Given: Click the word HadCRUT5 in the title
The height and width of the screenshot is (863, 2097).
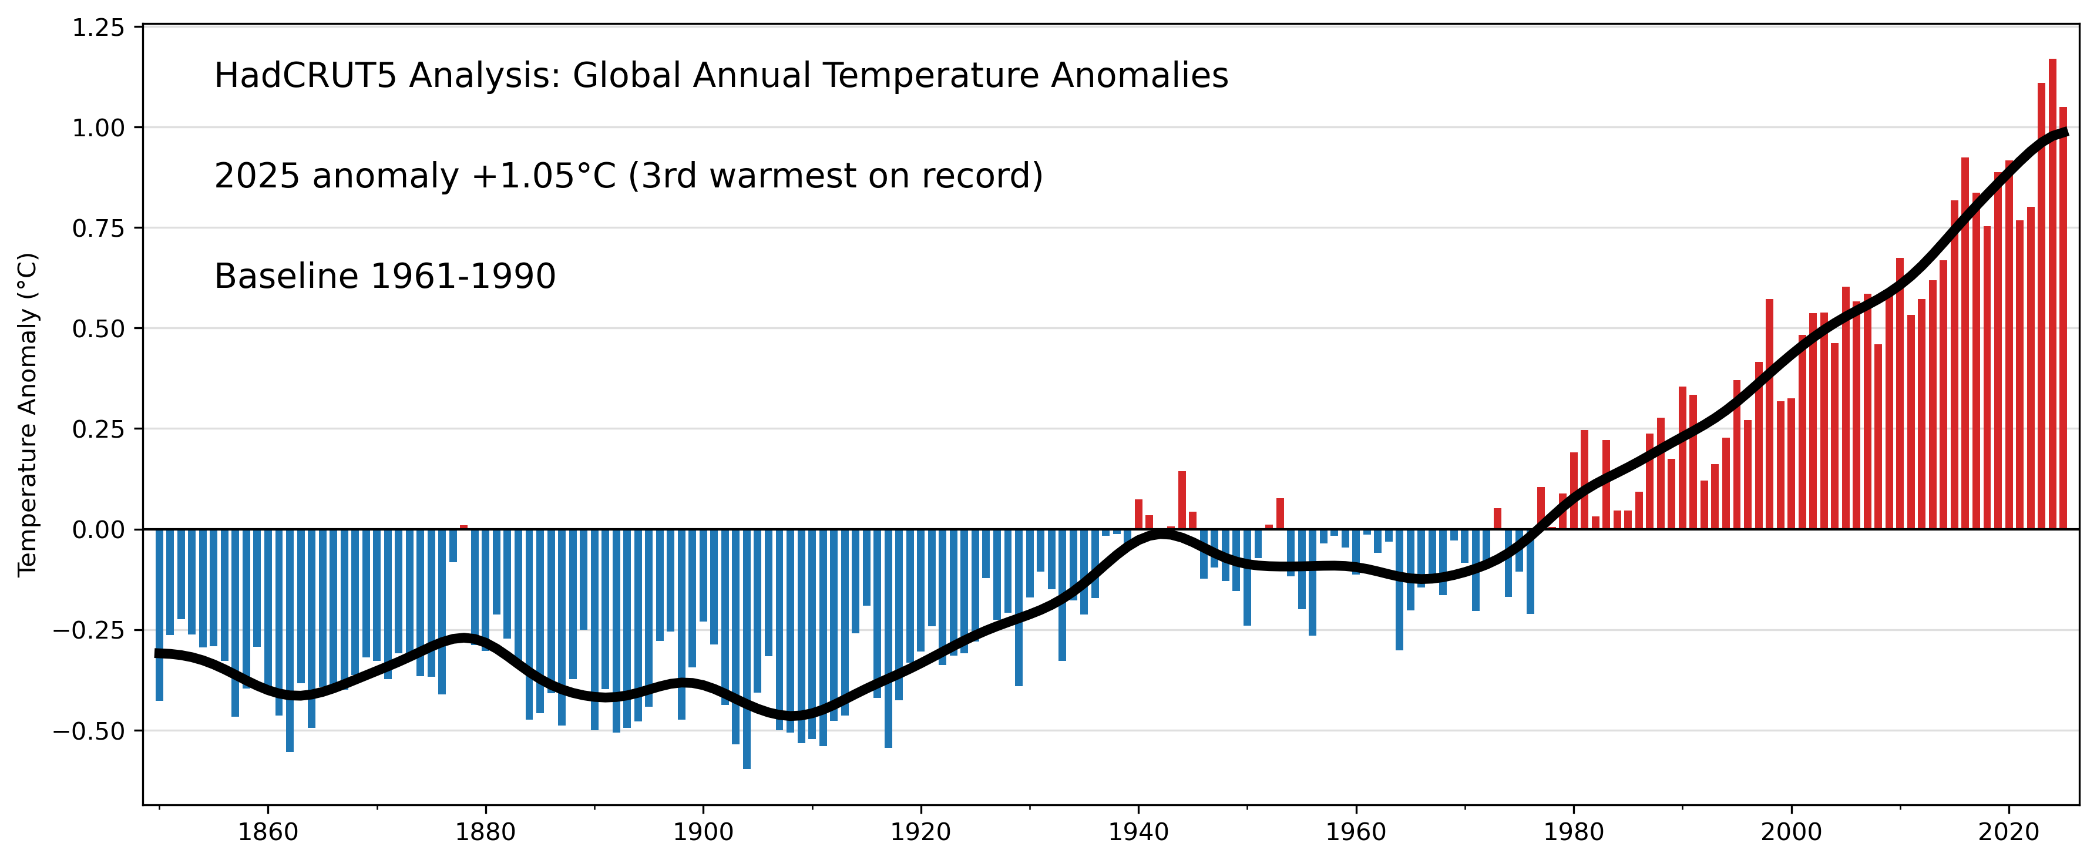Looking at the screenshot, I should click(305, 76).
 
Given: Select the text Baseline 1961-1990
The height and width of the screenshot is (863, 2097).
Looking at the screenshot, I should click(384, 277).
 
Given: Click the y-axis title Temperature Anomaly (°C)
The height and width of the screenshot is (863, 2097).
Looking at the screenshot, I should click(28, 414).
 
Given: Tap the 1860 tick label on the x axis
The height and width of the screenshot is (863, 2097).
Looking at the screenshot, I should click(268, 832).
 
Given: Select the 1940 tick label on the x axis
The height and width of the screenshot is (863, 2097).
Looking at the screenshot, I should click(1138, 832).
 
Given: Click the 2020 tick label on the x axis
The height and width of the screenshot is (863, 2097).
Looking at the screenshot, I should click(2008, 832).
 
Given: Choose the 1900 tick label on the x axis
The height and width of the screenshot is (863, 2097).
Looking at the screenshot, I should click(703, 832).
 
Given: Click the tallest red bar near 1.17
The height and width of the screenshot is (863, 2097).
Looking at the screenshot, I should click(2052, 293).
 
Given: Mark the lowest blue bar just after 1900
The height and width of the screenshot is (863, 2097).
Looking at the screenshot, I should click(747, 652).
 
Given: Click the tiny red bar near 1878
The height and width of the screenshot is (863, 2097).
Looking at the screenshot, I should click(464, 528).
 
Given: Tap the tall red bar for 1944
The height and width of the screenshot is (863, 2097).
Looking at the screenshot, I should click(1182, 500).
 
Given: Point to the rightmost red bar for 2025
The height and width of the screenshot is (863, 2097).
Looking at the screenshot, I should click(2063, 317).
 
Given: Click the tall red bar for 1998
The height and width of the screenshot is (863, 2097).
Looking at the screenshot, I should click(1769, 415).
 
